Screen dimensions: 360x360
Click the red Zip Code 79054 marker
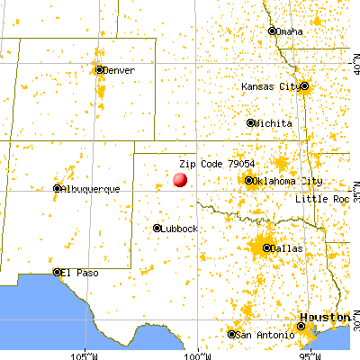pyautogui.click(x=180, y=179)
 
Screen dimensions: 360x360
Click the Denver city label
pyautogui.click(x=119, y=70)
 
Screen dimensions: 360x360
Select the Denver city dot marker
pyautogui.click(x=99, y=69)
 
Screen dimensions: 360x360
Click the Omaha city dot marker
pyautogui.click(x=273, y=31)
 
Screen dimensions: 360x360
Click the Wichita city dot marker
pyautogui.click(x=251, y=122)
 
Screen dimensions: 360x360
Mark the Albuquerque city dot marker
pyautogui.click(x=57, y=188)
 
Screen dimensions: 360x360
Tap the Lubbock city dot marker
pyautogui.click(x=157, y=228)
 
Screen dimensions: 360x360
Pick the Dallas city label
pyautogui.click(x=285, y=247)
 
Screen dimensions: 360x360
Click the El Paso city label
pyautogui.click(x=78, y=272)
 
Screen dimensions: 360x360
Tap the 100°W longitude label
pyautogui.click(x=200, y=351)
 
